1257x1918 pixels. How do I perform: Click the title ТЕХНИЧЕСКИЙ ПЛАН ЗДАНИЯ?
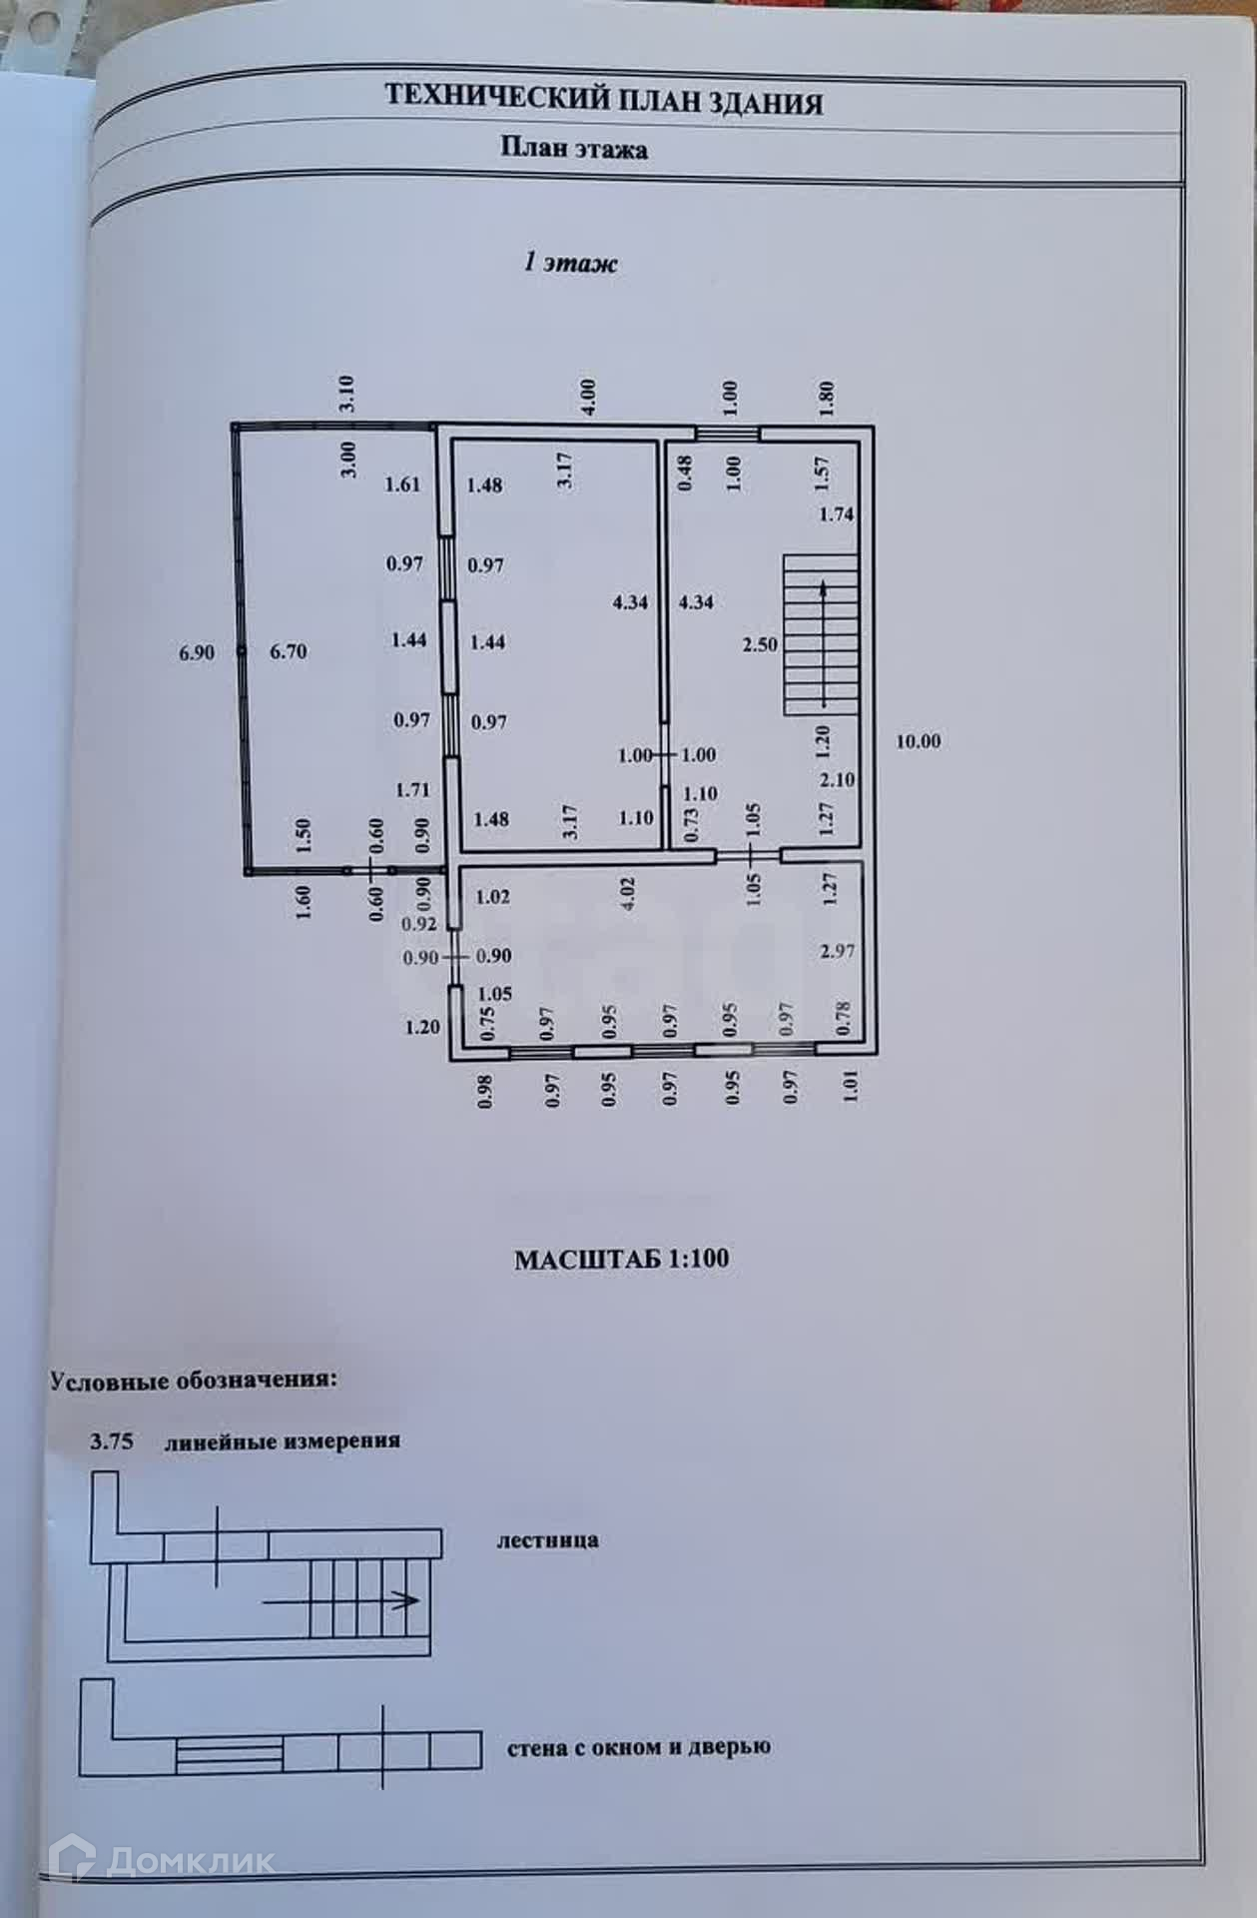[604, 101]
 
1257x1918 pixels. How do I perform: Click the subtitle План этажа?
[574, 150]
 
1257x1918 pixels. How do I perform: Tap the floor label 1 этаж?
[571, 263]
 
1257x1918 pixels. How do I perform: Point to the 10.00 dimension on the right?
[918, 741]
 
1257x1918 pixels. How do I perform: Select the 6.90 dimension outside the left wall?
[197, 653]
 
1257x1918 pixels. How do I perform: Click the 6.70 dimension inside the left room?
[289, 651]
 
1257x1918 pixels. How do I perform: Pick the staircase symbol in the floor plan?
[821, 635]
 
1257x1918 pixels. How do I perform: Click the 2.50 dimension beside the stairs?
[760, 644]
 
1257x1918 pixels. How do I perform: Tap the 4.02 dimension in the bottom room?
[629, 893]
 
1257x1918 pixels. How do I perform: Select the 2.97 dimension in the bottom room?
[837, 951]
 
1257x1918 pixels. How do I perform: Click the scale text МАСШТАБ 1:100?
[622, 1260]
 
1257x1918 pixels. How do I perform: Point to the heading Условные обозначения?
[194, 1381]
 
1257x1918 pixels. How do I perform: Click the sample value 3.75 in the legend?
[112, 1441]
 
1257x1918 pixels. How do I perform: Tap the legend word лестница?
[548, 1539]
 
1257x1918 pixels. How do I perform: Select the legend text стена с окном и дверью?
[639, 1748]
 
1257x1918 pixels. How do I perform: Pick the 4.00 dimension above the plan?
[588, 398]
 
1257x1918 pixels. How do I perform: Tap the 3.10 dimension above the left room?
[347, 394]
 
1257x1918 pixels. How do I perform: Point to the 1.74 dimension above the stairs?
[837, 514]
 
